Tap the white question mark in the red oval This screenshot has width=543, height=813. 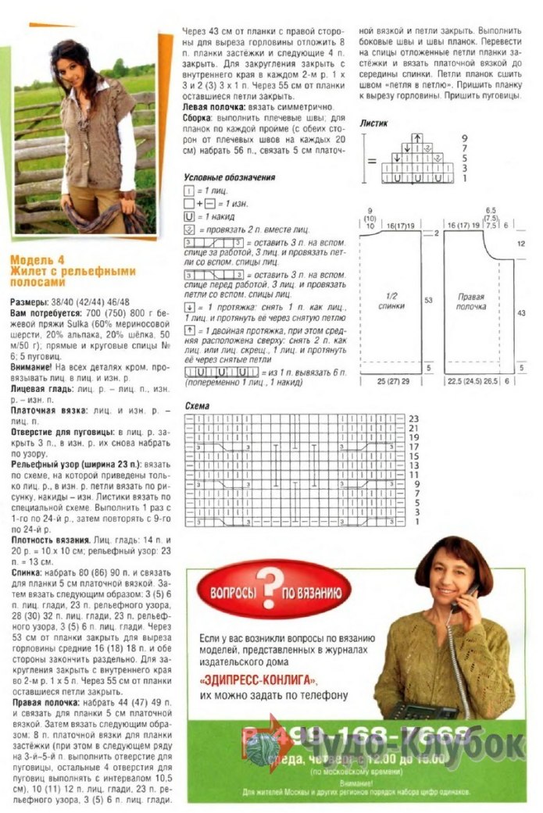click(270, 586)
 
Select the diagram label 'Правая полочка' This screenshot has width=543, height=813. click(471, 301)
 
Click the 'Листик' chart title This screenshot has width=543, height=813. click(374, 123)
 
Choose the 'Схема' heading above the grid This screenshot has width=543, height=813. click(196, 407)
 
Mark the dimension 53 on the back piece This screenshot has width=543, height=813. click(427, 300)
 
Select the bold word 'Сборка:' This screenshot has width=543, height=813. click(202, 117)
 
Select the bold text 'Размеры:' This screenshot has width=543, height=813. click(33, 301)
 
